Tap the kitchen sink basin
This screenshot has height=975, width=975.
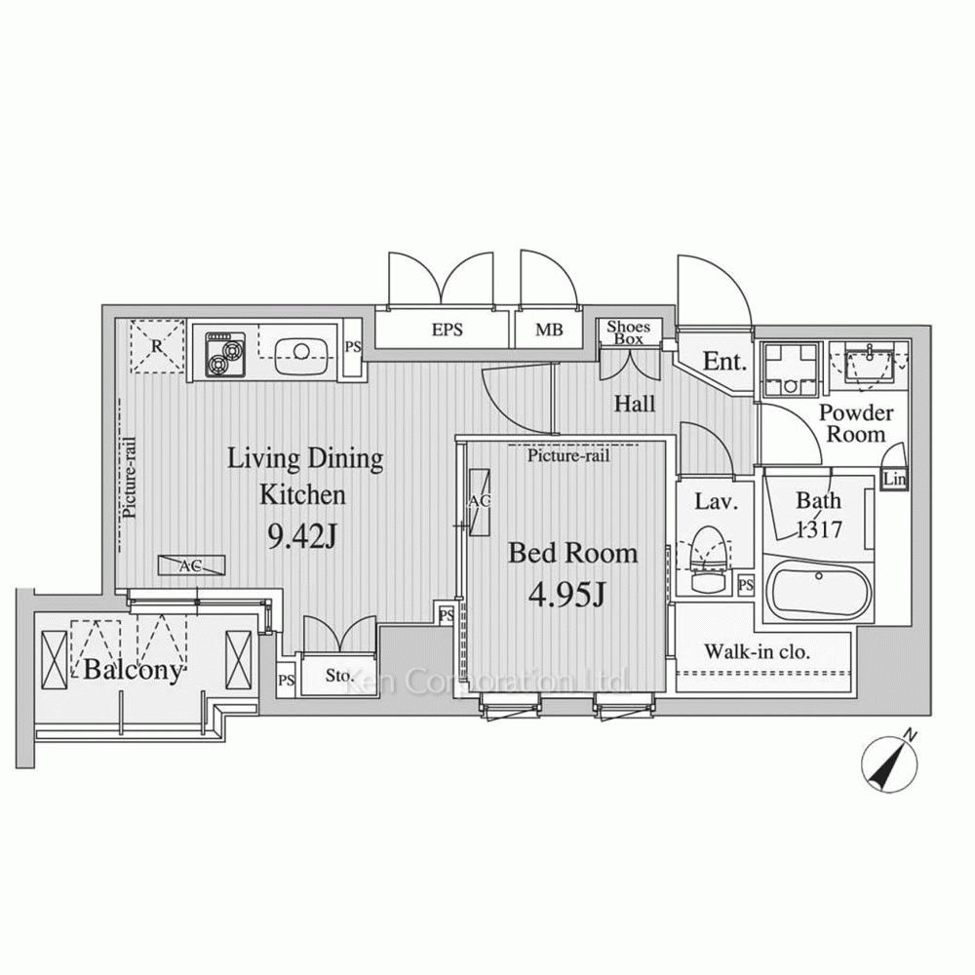[x=301, y=351]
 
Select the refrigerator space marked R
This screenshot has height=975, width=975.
[x=157, y=346]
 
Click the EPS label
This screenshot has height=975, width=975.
[x=448, y=330]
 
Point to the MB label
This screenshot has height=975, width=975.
[x=549, y=330]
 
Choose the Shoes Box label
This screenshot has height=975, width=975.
[x=629, y=332]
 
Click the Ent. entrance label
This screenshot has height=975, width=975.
[x=724, y=362]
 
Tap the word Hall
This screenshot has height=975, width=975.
[x=635, y=405]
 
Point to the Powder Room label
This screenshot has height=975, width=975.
[x=856, y=423]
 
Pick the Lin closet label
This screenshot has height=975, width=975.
[x=895, y=480]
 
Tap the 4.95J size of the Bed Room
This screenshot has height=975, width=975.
[x=566, y=595]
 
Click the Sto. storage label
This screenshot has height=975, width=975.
[x=339, y=676]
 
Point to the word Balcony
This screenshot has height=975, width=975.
[x=134, y=671]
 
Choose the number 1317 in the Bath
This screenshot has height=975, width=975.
[x=820, y=529]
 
